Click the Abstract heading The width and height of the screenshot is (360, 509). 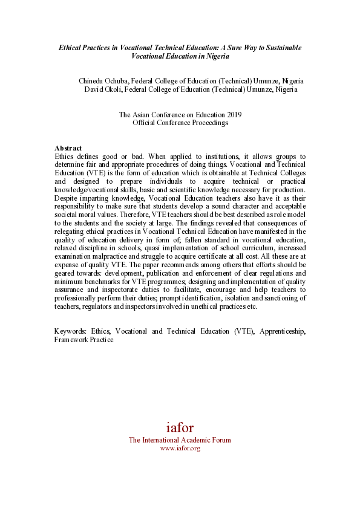68,148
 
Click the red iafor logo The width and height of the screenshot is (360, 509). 180,427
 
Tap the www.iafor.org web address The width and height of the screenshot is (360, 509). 180,448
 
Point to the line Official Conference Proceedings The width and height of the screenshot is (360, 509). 180,123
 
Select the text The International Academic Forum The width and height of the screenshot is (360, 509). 180,440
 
